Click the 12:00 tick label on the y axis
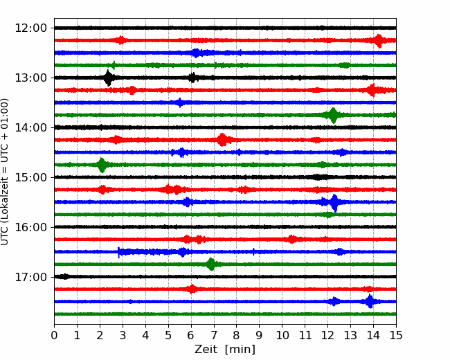(30, 28)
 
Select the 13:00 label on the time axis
(30, 78)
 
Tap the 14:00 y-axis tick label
(30, 127)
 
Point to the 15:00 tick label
(30, 177)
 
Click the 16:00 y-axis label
(30, 227)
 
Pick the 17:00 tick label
(30, 277)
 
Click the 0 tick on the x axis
(54, 335)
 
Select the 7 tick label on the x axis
(214, 335)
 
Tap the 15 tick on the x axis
(396, 335)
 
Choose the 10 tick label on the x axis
(282, 335)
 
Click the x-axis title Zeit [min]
(225, 350)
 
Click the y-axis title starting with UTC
(5, 172)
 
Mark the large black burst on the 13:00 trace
(108, 78)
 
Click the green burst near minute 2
(102, 165)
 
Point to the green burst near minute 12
(333, 115)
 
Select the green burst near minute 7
(211, 264)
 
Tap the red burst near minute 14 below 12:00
(379, 41)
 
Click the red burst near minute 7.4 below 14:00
(222, 140)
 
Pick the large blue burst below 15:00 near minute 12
(334, 202)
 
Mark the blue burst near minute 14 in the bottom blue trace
(370, 301)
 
